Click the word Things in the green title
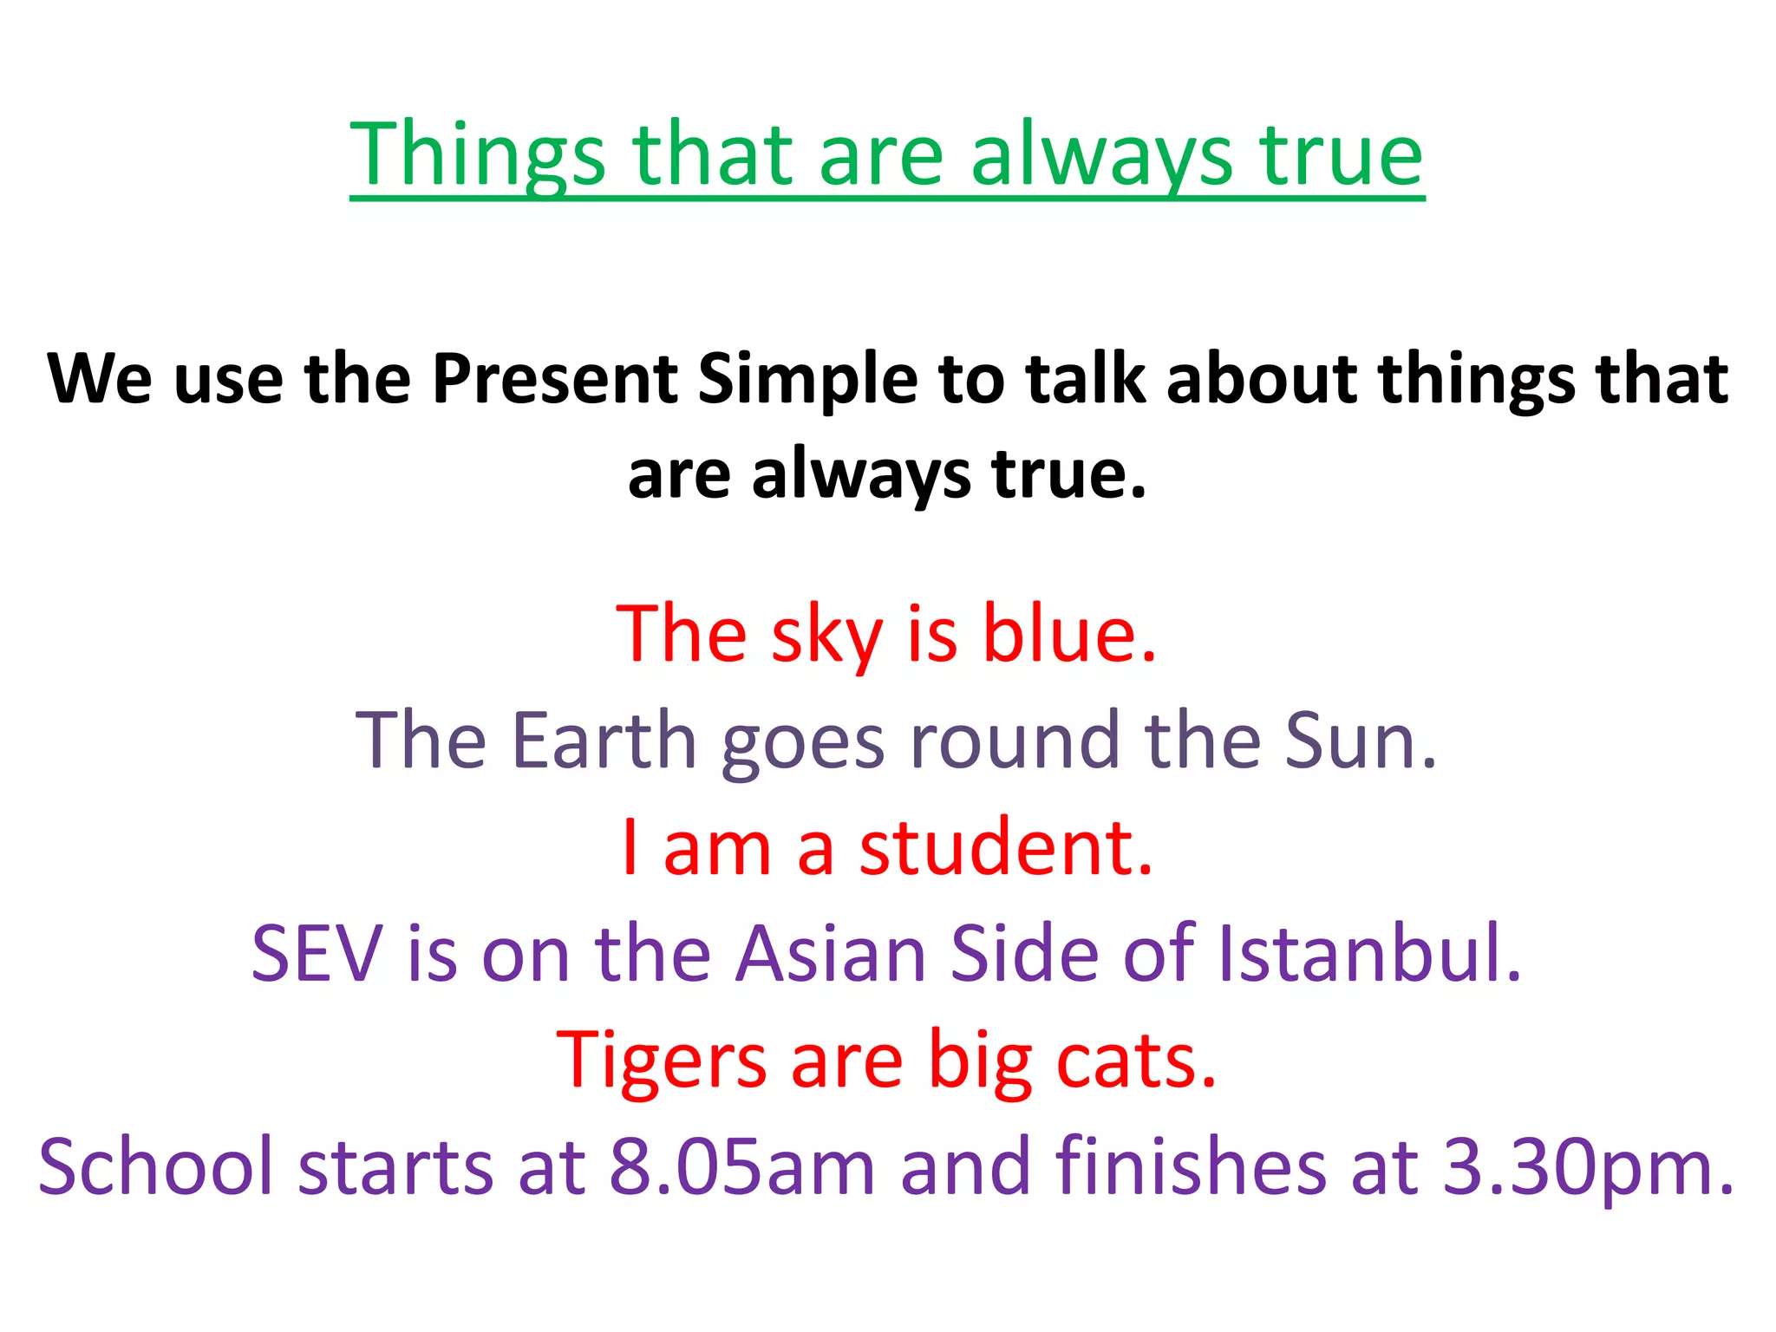click(x=477, y=156)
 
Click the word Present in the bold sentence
click(x=555, y=380)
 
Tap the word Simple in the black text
click(x=807, y=380)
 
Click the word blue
click(x=1068, y=634)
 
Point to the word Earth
click(x=604, y=741)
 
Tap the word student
click(x=1006, y=847)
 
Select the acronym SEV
click(x=317, y=954)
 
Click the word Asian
click(x=831, y=954)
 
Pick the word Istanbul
click(x=1369, y=954)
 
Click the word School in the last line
click(x=156, y=1167)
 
